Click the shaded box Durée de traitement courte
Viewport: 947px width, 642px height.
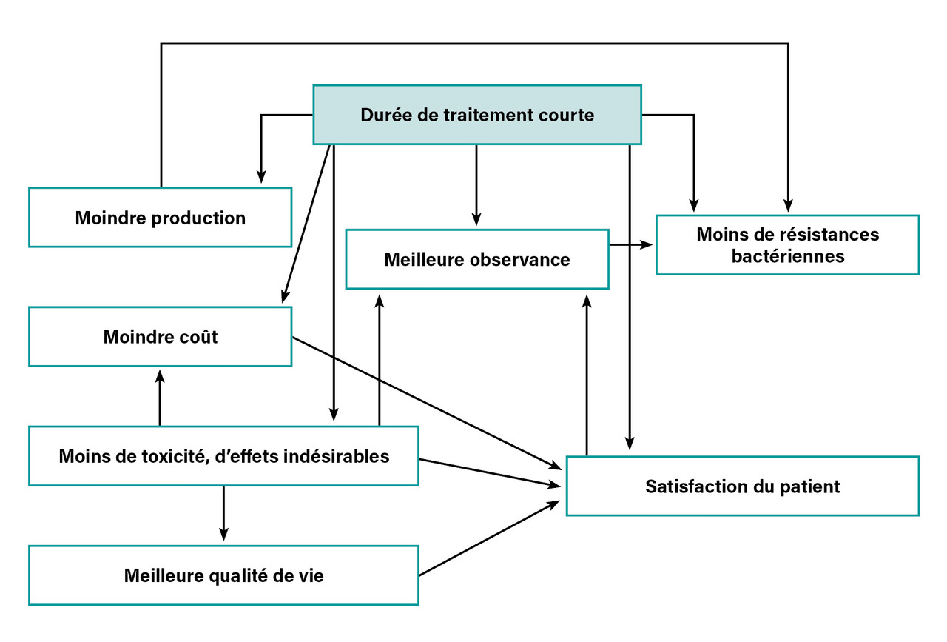[x=476, y=115]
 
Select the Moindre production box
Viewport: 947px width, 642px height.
[x=160, y=218]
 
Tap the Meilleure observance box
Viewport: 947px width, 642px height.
[x=476, y=260]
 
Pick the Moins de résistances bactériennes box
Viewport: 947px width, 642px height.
[x=787, y=245]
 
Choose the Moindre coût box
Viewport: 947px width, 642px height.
[x=160, y=337]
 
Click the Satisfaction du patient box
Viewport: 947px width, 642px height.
[x=742, y=486]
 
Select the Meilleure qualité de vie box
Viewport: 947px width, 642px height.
[x=223, y=575]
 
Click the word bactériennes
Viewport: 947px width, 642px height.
[x=787, y=256]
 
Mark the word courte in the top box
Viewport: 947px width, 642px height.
[x=567, y=116]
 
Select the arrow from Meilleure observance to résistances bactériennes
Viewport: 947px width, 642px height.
[x=631, y=244]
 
